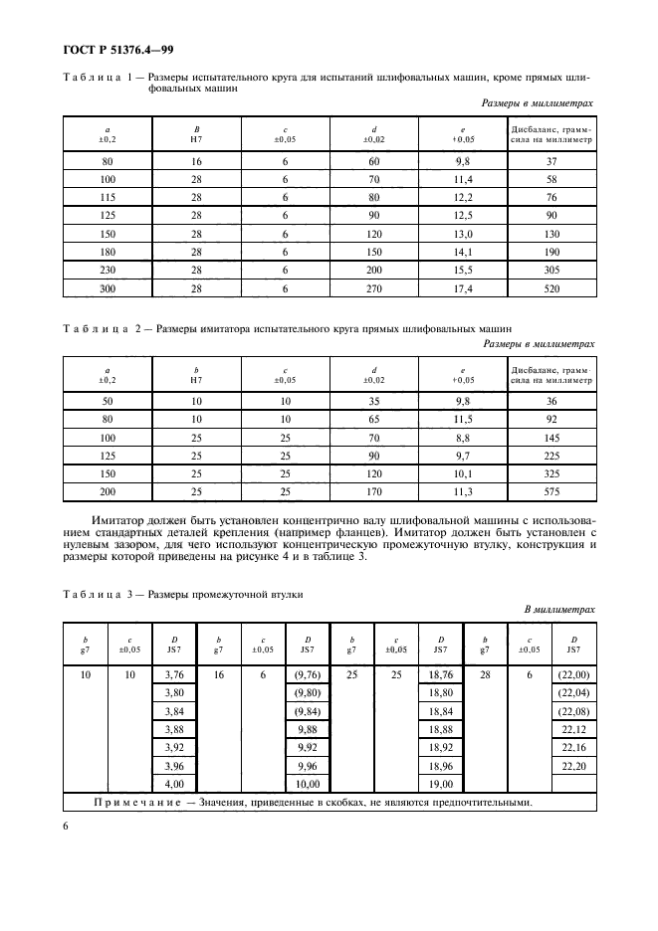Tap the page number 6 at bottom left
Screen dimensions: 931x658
[66, 825]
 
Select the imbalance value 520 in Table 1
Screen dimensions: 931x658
[550, 288]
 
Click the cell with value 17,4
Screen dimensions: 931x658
[462, 288]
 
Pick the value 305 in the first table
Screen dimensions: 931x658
[550, 270]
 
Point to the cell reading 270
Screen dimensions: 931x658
[373, 288]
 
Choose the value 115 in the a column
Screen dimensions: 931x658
[107, 197]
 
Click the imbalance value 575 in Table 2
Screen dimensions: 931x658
[550, 492]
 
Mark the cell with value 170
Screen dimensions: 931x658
[373, 492]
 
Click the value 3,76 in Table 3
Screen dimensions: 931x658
[173, 675]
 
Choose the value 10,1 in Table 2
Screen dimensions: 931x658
[462, 473]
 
